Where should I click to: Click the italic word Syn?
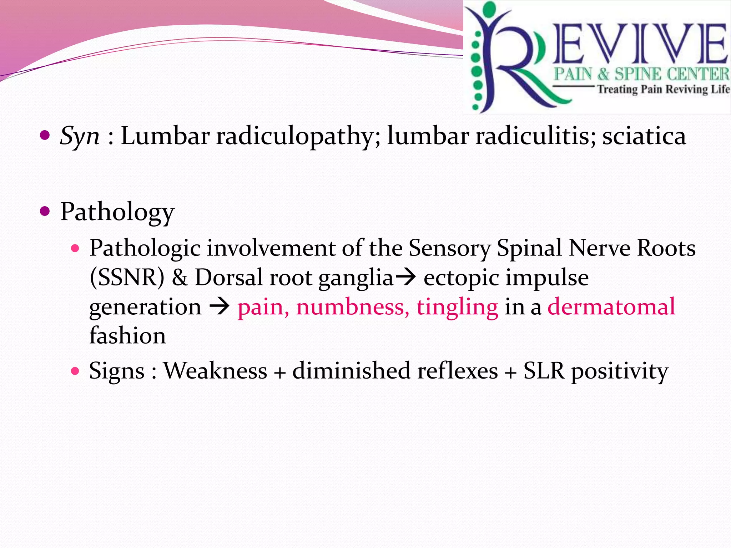pos(79,137)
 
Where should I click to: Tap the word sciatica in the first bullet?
pos(644,136)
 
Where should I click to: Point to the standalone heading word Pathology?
pos(117,212)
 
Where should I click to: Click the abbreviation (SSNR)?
pos(127,278)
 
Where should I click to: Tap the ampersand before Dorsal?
pos(180,278)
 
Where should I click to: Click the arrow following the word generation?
pos(219,306)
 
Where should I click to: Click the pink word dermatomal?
pos(611,306)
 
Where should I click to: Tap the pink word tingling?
pos(457,307)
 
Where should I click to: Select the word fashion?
pos(127,336)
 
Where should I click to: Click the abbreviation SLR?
pos(544,371)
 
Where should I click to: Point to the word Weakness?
pos(215,371)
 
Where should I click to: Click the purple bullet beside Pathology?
pos(45,212)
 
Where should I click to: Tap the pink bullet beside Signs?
pos(75,371)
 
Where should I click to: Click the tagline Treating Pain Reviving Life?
pos(664,89)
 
